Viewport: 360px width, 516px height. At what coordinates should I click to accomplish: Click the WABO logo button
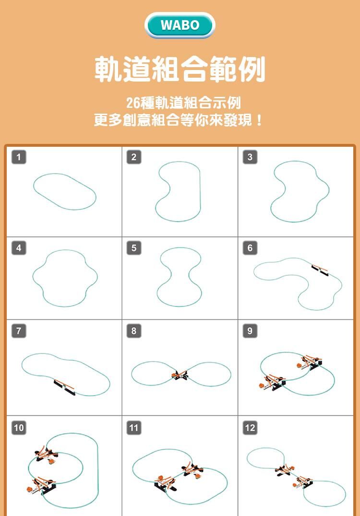point(180,25)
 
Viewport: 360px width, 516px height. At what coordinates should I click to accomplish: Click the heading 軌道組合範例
point(180,69)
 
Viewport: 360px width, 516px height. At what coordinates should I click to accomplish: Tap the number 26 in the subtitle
point(133,103)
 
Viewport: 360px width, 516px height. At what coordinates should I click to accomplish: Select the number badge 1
point(19,157)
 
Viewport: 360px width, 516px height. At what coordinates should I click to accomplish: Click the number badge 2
point(134,157)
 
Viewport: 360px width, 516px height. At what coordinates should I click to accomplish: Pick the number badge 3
point(250,157)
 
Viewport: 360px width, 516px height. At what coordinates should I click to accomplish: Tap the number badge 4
point(19,248)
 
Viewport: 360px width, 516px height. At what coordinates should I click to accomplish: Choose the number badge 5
point(134,248)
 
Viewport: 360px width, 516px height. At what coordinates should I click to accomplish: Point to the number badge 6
point(250,248)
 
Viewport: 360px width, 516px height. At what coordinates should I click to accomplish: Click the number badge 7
point(19,331)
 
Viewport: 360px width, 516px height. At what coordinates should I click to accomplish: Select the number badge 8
point(134,331)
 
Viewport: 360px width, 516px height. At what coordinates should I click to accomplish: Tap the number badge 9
point(250,331)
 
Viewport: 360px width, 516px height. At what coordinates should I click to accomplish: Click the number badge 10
point(19,428)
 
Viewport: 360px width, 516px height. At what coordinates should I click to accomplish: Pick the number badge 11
point(134,428)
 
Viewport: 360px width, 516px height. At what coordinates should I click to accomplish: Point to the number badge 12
point(250,428)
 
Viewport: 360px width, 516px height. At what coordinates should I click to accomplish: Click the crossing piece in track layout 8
point(180,375)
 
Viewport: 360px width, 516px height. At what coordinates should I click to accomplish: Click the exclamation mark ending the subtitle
point(260,120)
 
